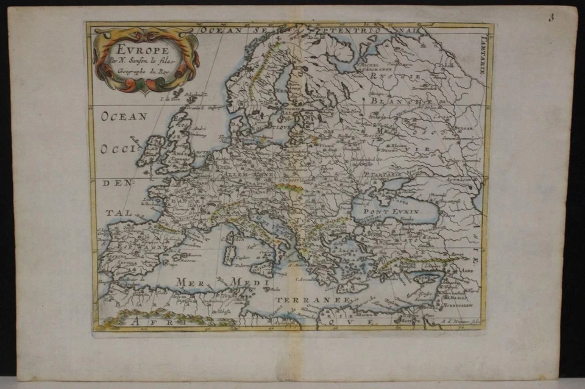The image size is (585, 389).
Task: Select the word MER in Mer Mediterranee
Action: pyautogui.click(x=189, y=281)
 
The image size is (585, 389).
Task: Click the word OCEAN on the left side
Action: pyautogui.click(x=125, y=116)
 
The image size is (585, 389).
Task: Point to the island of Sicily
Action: pyautogui.click(x=264, y=268)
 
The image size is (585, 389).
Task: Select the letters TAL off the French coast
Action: pyautogui.click(x=113, y=213)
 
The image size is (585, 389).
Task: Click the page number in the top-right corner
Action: pyautogui.click(x=551, y=18)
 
